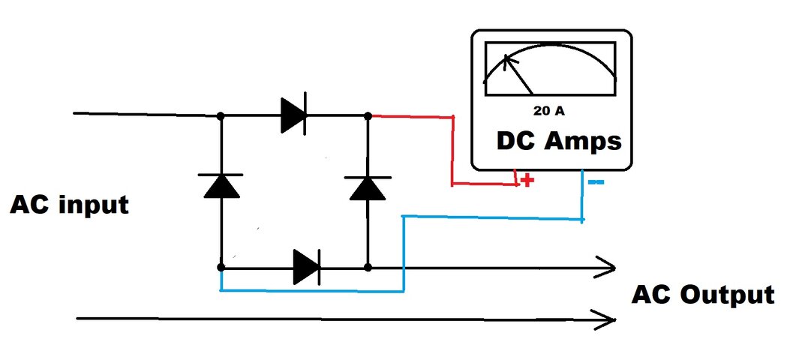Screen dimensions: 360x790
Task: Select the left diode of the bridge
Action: click(x=221, y=184)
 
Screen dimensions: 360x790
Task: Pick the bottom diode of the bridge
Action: click(x=307, y=266)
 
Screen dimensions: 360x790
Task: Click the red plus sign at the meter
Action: click(x=527, y=181)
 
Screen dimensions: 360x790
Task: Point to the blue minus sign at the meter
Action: click(x=597, y=182)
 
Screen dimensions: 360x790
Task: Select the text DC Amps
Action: click(x=557, y=140)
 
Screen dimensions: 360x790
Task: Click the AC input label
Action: click(x=69, y=204)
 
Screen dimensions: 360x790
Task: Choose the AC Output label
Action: click(x=702, y=295)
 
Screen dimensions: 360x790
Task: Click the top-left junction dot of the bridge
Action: click(x=221, y=116)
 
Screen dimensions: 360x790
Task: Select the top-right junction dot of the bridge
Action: click(x=368, y=116)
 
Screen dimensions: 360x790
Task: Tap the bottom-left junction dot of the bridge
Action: click(x=221, y=267)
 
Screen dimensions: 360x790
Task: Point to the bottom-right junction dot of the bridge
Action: click(x=368, y=267)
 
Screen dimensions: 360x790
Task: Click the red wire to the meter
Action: click(x=452, y=150)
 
